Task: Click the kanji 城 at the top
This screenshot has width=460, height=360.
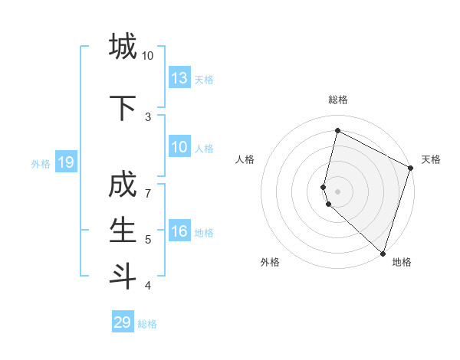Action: [x=123, y=47]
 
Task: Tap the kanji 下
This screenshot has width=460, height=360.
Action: [x=123, y=108]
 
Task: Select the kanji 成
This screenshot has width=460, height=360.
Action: [x=123, y=186]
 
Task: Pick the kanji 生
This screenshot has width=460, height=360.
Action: [x=123, y=230]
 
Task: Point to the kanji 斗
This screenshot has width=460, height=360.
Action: [x=123, y=274]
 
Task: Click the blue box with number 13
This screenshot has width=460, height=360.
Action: [x=179, y=78]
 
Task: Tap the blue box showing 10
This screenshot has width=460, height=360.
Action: [x=179, y=147]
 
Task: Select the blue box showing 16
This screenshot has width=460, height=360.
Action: [x=179, y=231]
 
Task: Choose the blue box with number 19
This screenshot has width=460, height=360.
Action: [x=65, y=162]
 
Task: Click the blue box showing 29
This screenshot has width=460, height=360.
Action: [x=123, y=322]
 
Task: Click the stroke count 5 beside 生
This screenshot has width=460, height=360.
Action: [x=149, y=240]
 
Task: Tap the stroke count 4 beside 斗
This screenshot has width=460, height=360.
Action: [x=149, y=286]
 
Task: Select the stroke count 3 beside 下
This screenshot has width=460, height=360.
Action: [x=149, y=116]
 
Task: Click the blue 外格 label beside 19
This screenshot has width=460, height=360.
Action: [x=41, y=163]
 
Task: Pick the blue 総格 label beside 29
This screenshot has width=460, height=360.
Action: [x=147, y=324]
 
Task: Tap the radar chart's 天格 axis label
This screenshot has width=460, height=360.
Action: [x=431, y=159]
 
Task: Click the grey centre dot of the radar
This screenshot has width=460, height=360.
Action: [x=338, y=191]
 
